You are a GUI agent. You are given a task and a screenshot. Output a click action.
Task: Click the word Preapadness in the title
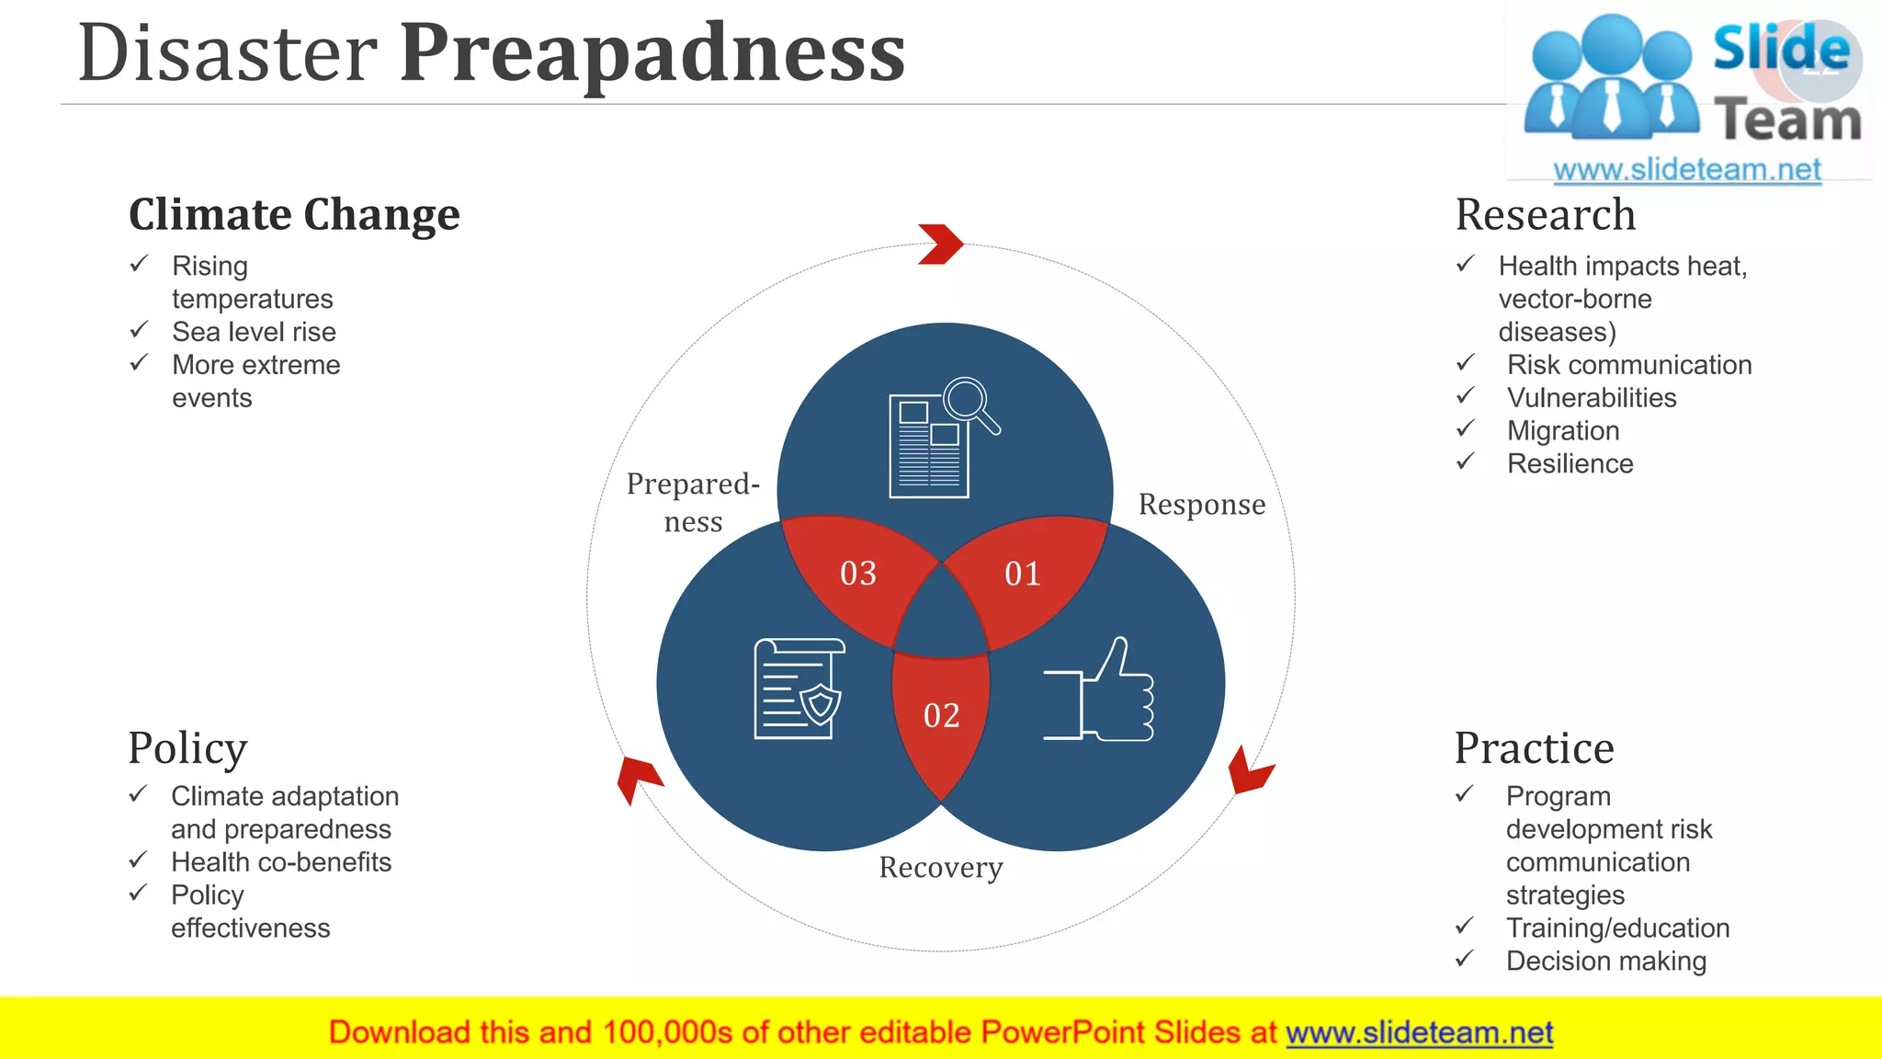point(652,53)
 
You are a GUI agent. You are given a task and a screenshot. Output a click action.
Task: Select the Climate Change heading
point(294,215)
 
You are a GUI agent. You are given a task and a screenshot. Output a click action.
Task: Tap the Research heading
point(1546,215)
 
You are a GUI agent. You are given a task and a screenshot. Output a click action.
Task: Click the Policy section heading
point(187,747)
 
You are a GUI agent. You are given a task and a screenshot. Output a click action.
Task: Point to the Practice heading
point(1534,747)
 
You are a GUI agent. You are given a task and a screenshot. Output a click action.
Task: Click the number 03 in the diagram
point(858,574)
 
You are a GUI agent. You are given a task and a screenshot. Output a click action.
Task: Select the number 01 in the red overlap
point(1022,574)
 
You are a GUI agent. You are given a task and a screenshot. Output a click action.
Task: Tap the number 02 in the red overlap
point(941,715)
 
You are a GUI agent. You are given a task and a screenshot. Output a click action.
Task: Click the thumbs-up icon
point(1103,691)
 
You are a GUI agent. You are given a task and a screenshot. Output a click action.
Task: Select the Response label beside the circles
point(1201,505)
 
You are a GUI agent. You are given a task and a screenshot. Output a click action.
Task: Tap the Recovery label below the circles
point(941,867)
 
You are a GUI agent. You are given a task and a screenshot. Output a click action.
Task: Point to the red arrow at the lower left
point(637,777)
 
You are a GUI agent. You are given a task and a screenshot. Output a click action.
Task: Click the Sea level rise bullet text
point(254,332)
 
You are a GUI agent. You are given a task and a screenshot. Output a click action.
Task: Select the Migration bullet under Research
point(1563,431)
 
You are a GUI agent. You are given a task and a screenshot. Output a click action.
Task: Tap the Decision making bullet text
point(1605,962)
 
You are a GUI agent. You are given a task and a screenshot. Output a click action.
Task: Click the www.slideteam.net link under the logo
point(1686,169)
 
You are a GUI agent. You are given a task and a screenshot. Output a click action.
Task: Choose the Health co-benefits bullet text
point(281,862)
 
